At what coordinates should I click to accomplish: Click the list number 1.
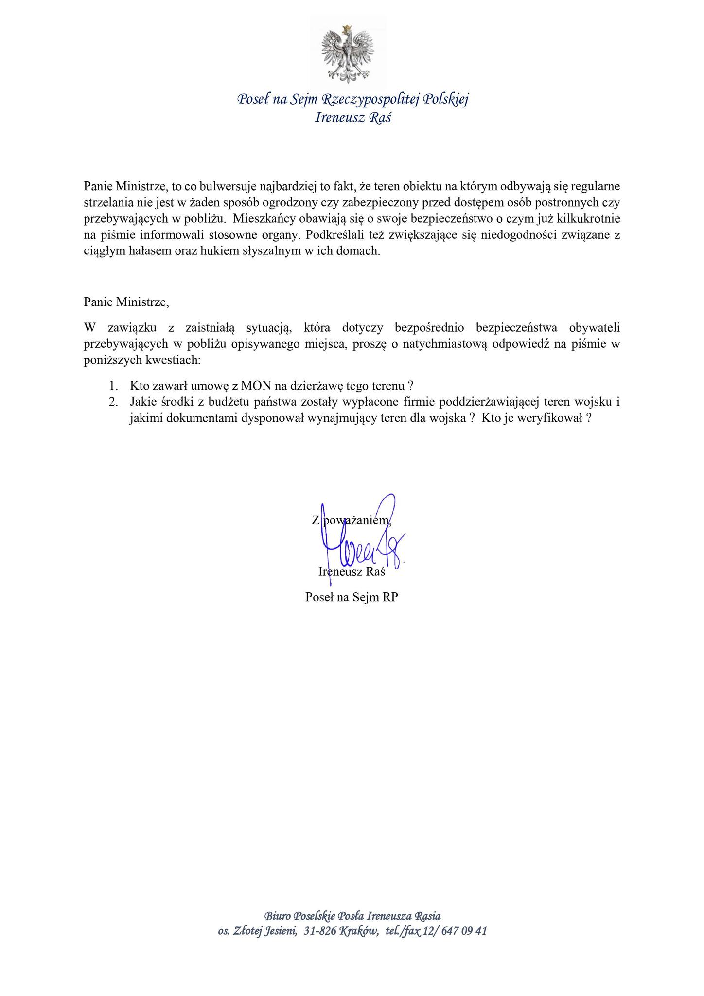coord(114,386)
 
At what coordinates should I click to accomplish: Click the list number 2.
coord(114,402)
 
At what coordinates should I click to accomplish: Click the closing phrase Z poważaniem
coord(351,520)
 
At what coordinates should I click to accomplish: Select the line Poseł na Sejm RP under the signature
coord(352,597)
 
